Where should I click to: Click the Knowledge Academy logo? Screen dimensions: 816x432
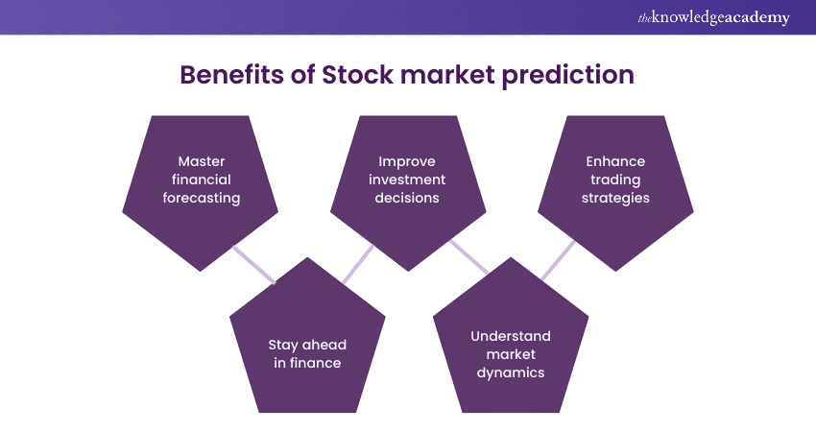coord(713,17)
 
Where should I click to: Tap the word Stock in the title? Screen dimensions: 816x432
coord(357,75)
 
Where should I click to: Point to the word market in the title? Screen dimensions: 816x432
coord(447,75)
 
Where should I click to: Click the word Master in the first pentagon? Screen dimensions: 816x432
coord(202,161)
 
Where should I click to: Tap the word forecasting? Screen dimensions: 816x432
coord(202,199)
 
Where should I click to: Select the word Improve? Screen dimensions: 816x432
coord(407,162)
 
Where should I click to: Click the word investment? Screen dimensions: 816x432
coord(407,180)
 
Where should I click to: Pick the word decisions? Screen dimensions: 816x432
coord(407,198)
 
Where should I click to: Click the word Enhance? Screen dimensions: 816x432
coord(615,161)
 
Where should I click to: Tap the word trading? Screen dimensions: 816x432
coord(615,180)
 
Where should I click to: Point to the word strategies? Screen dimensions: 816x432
coord(615,199)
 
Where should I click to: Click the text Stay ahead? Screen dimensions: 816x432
coord(307,345)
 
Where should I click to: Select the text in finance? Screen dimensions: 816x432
coord(307,363)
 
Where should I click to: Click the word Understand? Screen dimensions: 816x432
coord(511,336)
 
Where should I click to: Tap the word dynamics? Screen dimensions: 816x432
coord(511,373)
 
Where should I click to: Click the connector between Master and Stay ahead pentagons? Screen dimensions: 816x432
coord(254,265)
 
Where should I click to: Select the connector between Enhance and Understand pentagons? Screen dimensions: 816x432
coord(558,260)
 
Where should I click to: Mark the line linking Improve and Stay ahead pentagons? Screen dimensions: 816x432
coord(358,264)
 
